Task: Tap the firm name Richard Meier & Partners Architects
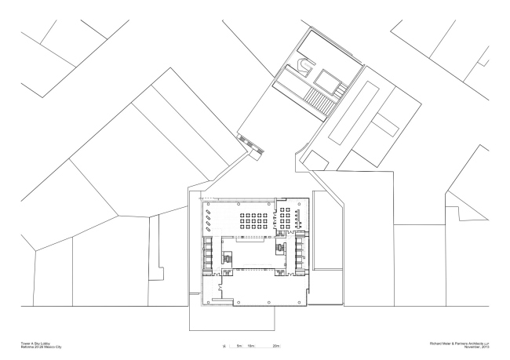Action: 455,341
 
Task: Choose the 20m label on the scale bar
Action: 276,345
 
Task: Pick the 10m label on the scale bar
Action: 253,345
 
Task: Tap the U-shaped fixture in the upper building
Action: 303,68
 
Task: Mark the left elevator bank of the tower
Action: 208,256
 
